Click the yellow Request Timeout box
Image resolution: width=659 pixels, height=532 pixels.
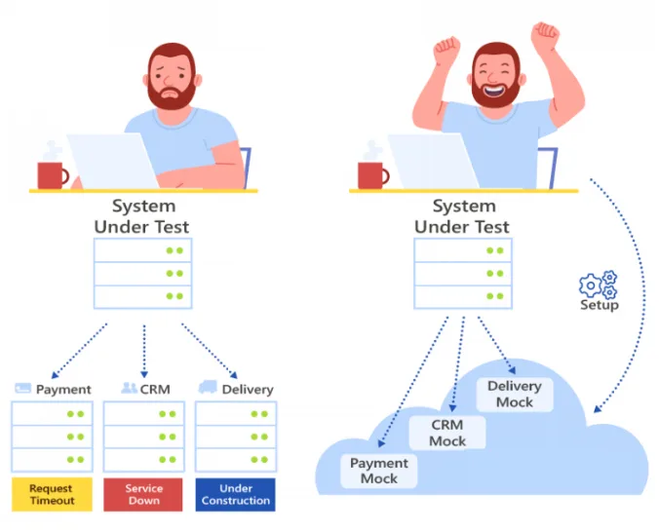pyautogui.click(x=52, y=494)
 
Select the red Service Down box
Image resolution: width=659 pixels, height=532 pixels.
pyautogui.click(x=143, y=494)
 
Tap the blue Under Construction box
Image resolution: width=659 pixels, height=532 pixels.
pyautogui.click(x=235, y=494)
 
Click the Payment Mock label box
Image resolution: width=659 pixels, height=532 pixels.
pyautogui.click(x=378, y=471)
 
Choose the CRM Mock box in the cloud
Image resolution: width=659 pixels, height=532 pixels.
pyautogui.click(x=447, y=433)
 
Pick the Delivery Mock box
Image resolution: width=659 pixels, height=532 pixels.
pyautogui.click(x=515, y=395)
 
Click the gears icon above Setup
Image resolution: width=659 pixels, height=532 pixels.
pyautogui.click(x=598, y=285)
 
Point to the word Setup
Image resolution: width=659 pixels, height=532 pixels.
pyautogui.click(x=600, y=305)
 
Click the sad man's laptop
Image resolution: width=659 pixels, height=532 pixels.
pyautogui.click(x=113, y=162)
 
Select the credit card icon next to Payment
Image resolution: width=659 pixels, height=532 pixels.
pyautogui.click(x=22, y=388)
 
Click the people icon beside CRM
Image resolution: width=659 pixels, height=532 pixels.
pyautogui.click(x=129, y=388)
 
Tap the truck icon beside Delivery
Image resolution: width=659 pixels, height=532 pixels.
pyautogui.click(x=208, y=387)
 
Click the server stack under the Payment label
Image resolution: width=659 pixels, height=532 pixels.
pyautogui.click(x=52, y=437)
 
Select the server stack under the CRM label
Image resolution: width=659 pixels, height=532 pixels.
pyautogui.click(x=143, y=437)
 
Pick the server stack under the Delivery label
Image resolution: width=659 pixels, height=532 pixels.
pyautogui.click(x=236, y=437)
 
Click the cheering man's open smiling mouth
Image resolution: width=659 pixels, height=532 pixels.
pyautogui.click(x=494, y=90)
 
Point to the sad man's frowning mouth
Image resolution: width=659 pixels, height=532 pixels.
pyautogui.click(x=171, y=94)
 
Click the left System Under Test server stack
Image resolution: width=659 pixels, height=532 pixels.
pyautogui.click(x=143, y=274)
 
